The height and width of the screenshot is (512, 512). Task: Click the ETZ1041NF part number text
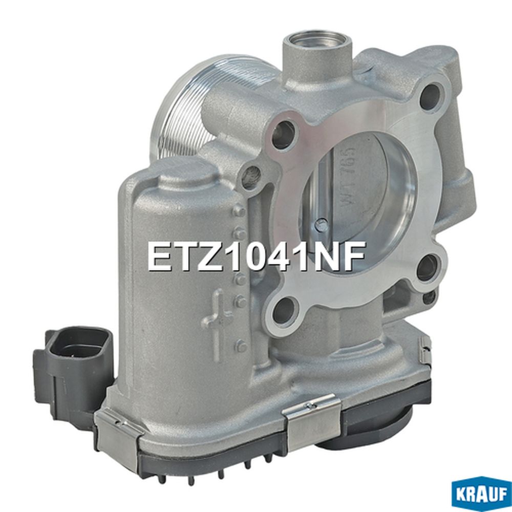(x=256, y=257)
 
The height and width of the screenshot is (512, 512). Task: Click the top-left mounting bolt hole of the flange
(x=284, y=133)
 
